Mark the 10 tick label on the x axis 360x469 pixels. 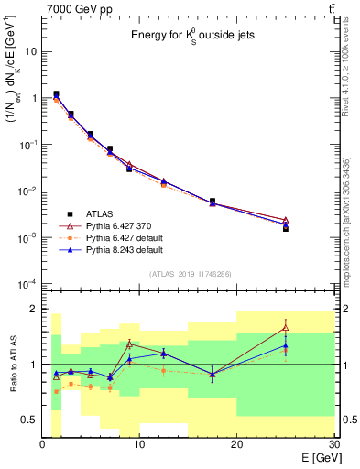click(139, 444)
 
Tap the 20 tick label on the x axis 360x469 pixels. click(236, 444)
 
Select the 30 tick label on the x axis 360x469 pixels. click(333, 444)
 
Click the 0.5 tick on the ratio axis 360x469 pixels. click(29, 420)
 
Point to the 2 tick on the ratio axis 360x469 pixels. click(34, 309)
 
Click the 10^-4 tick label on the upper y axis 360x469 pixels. click(27, 283)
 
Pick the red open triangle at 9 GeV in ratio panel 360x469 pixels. click(129, 344)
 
